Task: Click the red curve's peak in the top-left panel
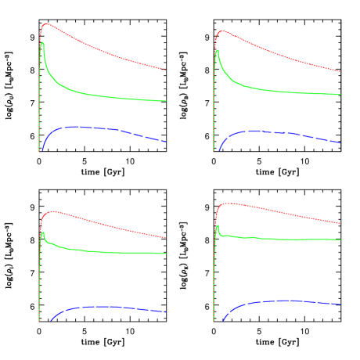[46, 24]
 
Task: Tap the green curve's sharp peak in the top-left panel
[41, 43]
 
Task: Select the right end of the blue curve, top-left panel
[166, 142]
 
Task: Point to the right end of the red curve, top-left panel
[166, 70]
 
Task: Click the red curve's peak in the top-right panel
[222, 31]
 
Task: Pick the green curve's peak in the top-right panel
[217, 52]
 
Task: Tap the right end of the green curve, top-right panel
[340, 95]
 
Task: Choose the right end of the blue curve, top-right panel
[340, 143]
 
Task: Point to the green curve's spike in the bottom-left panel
[43, 232]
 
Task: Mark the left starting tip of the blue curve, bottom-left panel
[50, 321]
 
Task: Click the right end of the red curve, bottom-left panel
[166, 237]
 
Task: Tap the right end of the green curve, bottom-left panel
[166, 254]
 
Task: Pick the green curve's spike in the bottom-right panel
[217, 227]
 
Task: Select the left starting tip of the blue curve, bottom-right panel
[222, 321]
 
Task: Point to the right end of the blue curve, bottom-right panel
[340, 304]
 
